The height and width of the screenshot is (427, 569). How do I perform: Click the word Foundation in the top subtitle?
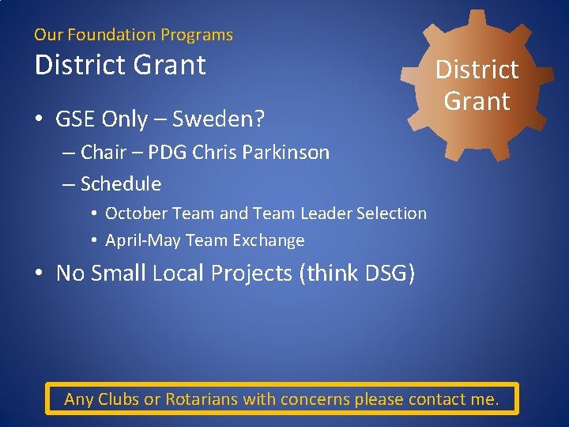click(111, 35)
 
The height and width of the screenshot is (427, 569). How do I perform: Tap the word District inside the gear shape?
click(477, 70)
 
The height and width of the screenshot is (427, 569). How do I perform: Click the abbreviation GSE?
click(73, 119)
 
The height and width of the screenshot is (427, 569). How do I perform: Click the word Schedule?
click(120, 184)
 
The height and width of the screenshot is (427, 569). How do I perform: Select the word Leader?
click(326, 213)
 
